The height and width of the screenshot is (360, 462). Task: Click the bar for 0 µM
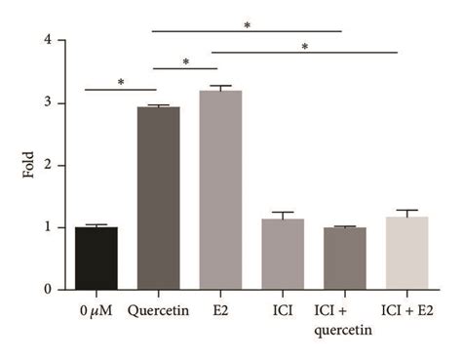(x=96, y=259)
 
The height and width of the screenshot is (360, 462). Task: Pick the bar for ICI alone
(x=283, y=255)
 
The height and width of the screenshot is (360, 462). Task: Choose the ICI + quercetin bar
(x=345, y=259)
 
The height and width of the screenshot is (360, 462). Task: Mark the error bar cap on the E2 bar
(x=220, y=86)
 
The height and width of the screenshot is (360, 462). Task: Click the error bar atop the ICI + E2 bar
(x=407, y=211)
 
